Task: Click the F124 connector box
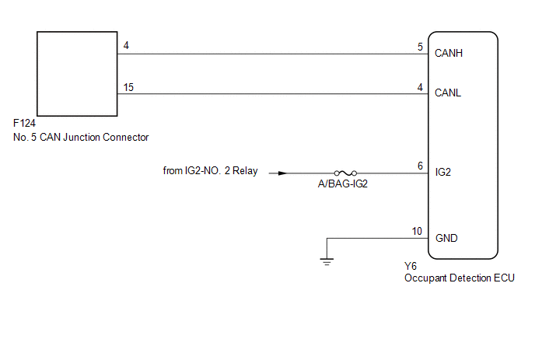[76, 72]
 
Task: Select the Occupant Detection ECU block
[463, 144]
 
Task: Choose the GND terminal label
[446, 238]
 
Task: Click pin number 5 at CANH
[420, 47]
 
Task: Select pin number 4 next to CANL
[420, 87]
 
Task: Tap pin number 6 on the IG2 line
[420, 166]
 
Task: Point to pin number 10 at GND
[418, 231]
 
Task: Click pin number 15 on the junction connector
[128, 87]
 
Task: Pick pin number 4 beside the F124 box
[126, 47]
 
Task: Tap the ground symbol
[327, 262]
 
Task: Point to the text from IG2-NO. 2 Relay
[210, 172]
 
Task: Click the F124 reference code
[24, 124]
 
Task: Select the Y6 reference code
[411, 266]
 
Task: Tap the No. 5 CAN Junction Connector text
[81, 137]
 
